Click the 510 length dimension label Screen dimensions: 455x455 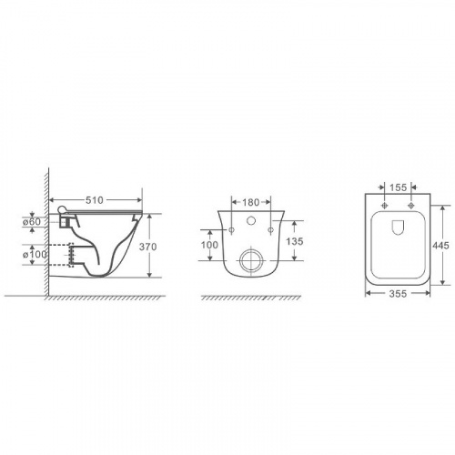tap(95, 200)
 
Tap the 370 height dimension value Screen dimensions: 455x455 tap(148, 247)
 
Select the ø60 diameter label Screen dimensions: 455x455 tap(32, 222)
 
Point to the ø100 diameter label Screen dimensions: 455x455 tap(35, 254)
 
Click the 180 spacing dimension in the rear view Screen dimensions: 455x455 tap(251, 202)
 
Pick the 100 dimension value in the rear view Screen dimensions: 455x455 tap(209, 245)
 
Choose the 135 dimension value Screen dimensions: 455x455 tap(295, 241)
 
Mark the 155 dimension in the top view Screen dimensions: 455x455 tap(398, 187)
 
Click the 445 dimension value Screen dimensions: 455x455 tap(440, 246)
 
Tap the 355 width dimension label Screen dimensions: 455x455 tap(398, 294)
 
